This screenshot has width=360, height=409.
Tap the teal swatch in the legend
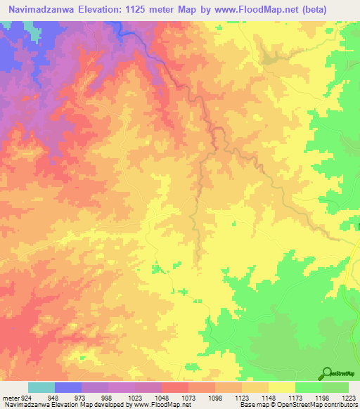point(41,387)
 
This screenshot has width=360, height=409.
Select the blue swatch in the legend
point(68,387)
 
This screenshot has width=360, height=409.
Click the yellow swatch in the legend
point(282,387)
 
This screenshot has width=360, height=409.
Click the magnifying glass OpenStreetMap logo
point(327,374)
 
